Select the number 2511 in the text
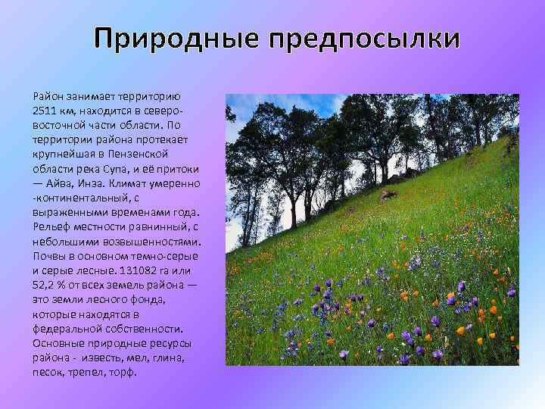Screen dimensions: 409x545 45,111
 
